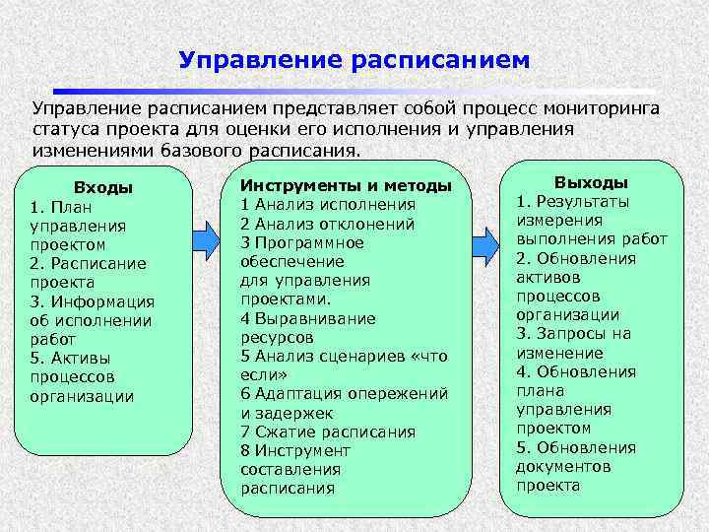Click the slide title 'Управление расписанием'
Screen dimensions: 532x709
354,60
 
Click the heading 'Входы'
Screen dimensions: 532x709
103,187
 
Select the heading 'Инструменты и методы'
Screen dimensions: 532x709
346,185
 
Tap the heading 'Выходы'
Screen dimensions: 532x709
591,182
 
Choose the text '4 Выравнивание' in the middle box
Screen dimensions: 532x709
308,318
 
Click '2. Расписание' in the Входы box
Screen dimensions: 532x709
88,263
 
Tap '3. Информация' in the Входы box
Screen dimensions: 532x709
92,300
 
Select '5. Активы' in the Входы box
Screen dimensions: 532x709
70,357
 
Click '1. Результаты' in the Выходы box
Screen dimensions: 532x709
573,202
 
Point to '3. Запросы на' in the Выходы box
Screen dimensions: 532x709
573,334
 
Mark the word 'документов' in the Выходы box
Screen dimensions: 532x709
563,466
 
